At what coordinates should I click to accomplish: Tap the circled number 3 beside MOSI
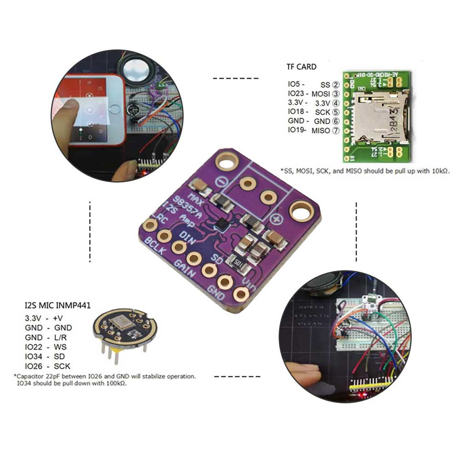point(336,94)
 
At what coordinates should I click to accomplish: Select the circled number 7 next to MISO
point(336,131)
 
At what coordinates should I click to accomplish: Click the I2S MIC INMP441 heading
point(57,305)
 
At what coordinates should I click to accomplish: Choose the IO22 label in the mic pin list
point(34,347)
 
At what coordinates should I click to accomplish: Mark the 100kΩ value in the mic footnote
point(115,383)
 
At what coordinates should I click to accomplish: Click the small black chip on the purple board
point(222,224)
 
